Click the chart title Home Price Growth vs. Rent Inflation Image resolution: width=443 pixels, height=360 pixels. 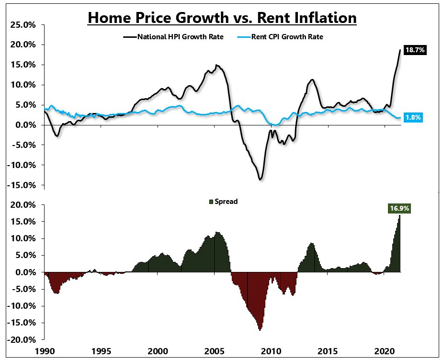[x=222, y=18]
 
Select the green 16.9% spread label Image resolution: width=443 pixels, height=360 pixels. [x=399, y=208]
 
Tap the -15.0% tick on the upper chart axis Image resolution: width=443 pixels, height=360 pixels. [x=21, y=185]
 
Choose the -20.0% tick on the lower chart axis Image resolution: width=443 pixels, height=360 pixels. [x=21, y=340]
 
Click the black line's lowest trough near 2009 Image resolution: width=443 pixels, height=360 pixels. [x=260, y=180]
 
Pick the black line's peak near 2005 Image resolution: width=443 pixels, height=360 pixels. [x=216, y=65]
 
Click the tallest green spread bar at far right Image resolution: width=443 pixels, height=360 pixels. [x=399, y=239]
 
